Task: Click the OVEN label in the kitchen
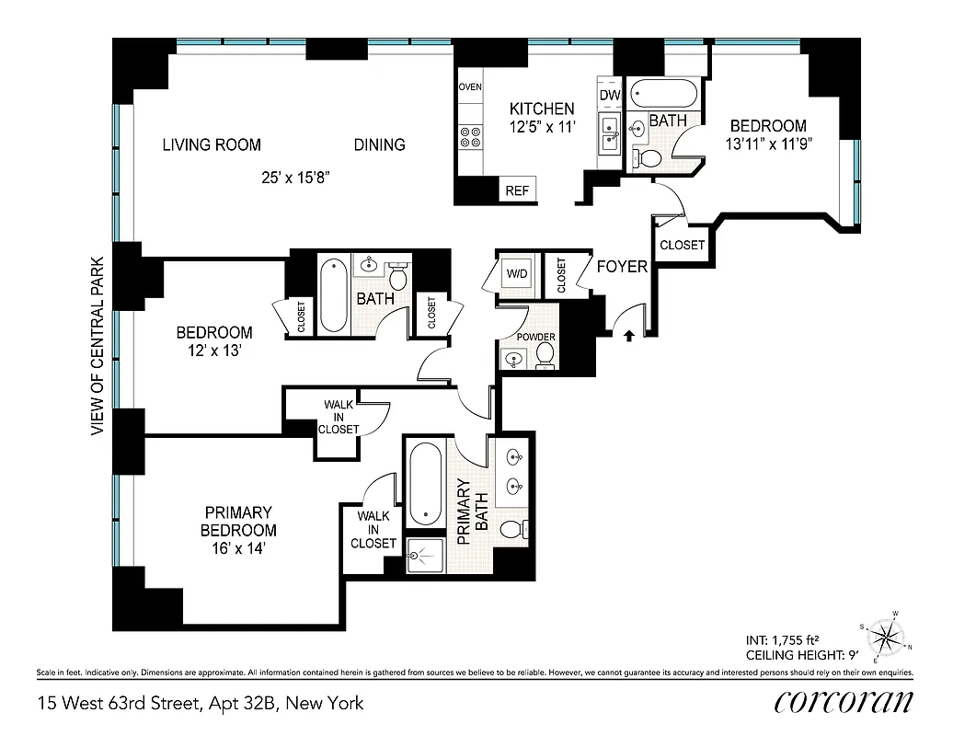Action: (x=470, y=87)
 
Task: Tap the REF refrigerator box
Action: (x=516, y=191)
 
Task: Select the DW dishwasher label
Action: (x=610, y=95)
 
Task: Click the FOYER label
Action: (x=622, y=267)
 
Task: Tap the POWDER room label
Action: (x=535, y=337)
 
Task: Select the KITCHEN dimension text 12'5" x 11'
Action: (x=543, y=128)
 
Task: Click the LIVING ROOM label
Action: (x=212, y=144)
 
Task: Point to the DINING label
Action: (x=380, y=144)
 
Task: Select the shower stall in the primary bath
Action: (x=425, y=557)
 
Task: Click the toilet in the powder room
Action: (x=545, y=356)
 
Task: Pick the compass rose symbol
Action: (x=887, y=636)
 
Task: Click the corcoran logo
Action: (x=844, y=701)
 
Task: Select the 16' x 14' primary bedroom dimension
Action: (x=238, y=549)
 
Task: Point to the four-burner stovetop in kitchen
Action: (x=470, y=136)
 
